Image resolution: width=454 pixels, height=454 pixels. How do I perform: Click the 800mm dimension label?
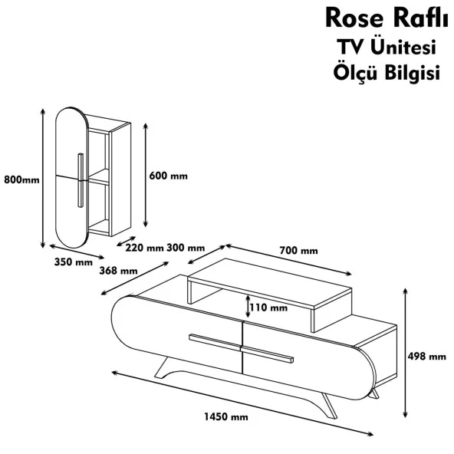tap(20, 180)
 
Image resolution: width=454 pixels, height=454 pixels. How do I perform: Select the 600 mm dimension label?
tap(167, 175)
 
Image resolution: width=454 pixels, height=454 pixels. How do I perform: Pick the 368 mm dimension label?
tap(118, 271)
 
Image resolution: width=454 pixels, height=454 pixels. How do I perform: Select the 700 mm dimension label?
tap(298, 251)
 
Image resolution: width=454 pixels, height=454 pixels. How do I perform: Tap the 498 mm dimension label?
tap(427, 357)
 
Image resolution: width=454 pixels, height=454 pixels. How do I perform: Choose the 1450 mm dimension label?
tap(225, 417)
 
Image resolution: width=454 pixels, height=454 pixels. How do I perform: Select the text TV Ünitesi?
tap(381, 48)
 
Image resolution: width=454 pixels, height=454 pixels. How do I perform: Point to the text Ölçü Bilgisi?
tap(381, 74)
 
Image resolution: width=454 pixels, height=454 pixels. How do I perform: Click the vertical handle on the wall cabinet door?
tap(80, 180)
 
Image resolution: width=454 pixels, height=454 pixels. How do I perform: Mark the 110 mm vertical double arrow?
tap(248, 308)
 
